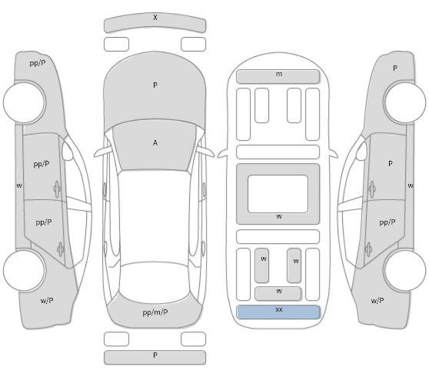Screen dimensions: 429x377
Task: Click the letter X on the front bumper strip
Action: click(155, 18)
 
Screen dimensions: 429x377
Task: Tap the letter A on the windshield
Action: click(155, 142)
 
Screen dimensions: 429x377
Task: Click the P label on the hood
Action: click(155, 85)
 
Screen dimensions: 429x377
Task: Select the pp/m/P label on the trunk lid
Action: click(155, 312)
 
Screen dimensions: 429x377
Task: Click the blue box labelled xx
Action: click(278, 312)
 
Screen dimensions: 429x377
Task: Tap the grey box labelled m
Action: click(278, 76)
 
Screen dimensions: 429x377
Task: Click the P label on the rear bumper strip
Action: click(155, 355)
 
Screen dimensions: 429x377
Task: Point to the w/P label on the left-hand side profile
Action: click(47, 301)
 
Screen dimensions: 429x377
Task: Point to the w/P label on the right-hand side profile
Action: click(377, 301)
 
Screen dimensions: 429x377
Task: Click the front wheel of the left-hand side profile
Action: click(25, 102)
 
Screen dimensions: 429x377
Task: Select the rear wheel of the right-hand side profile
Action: click(404, 270)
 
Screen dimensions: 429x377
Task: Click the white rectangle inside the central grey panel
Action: click(278, 194)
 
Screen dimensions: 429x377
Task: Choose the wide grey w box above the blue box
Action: click(278, 293)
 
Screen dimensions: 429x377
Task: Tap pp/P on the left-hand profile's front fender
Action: click(38, 63)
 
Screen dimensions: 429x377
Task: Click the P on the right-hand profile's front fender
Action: click(395, 68)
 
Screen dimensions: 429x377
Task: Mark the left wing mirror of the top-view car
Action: click(102, 152)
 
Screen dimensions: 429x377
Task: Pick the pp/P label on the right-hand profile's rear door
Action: click(387, 222)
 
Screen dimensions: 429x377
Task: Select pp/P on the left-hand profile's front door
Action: click(42, 164)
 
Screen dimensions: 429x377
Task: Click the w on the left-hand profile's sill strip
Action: click(19, 185)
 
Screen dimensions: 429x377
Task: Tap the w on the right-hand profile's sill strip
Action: click(411, 185)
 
